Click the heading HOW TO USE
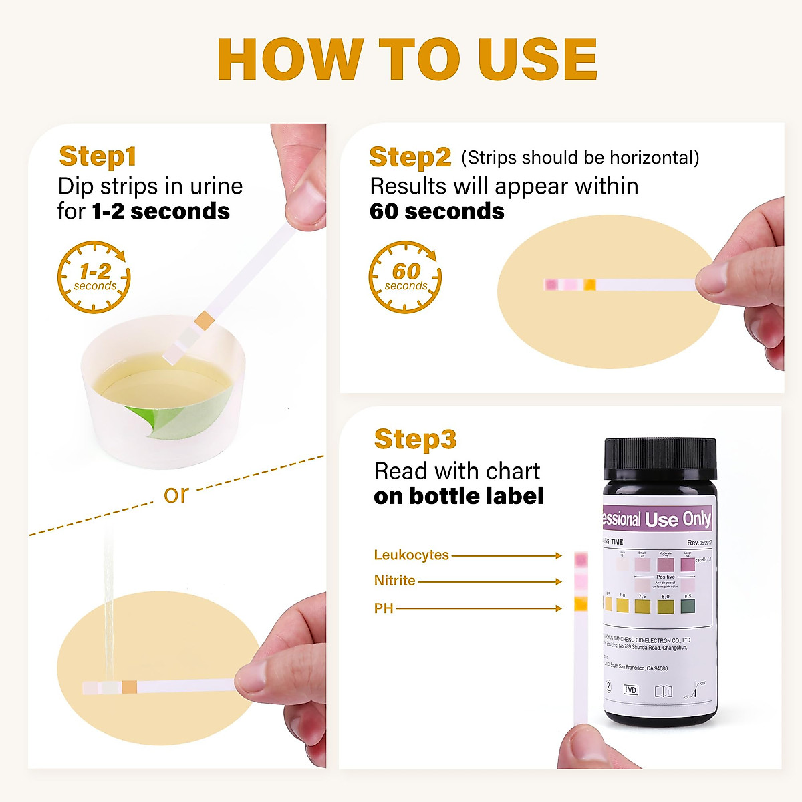407,60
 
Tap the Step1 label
98,156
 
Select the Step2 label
410,158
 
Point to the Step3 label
415,440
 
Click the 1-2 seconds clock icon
94,277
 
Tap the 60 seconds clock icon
405,277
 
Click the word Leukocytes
411,555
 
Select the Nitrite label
394,581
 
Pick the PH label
384,608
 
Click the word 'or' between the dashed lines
176,494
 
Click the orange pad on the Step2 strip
589,285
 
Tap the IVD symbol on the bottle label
630,690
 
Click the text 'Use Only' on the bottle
678,519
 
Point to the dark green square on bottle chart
688,606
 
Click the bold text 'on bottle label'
458,496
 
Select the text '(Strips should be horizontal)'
580,158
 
